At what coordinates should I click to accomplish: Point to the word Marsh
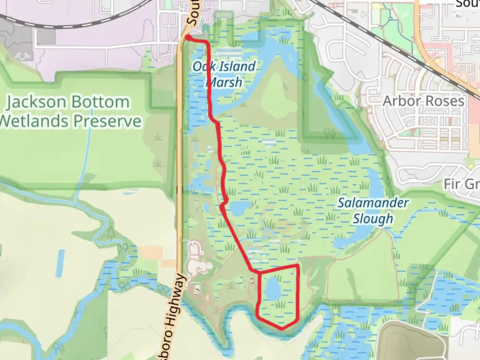[225, 82]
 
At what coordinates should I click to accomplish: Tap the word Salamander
[373, 203]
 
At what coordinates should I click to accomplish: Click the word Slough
[373, 219]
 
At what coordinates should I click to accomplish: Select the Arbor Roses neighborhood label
[423, 101]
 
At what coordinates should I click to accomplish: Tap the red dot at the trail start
[188, 38]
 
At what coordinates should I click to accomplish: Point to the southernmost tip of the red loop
[282, 328]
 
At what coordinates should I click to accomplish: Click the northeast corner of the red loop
[297, 265]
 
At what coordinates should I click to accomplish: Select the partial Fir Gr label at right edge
[462, 184]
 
